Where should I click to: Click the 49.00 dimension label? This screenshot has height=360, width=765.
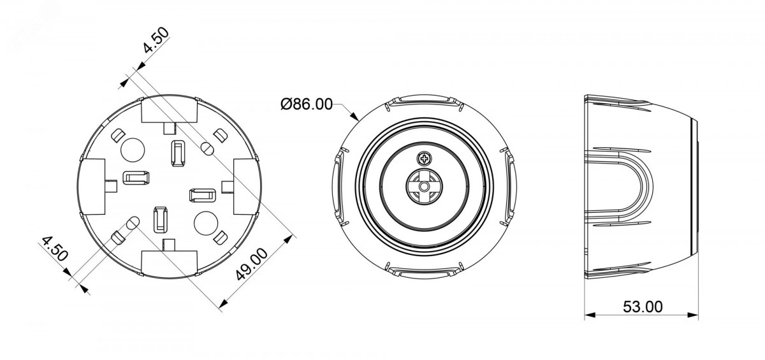pos(252,264)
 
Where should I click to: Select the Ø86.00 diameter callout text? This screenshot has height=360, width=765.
pos(307,104)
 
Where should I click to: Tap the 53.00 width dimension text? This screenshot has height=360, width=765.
pos(643,306)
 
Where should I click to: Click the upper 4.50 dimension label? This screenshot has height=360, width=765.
pos(156,40)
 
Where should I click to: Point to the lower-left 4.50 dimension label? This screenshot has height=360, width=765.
pos(55,248)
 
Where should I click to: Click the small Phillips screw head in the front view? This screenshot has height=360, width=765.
pos(424,159)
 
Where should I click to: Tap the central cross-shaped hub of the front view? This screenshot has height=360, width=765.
pos(424,186)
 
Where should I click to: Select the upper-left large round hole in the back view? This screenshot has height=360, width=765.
pos(133,150)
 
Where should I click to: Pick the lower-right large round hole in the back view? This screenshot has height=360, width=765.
pos(205,223)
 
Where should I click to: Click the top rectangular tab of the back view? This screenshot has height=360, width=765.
pos(170,109)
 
